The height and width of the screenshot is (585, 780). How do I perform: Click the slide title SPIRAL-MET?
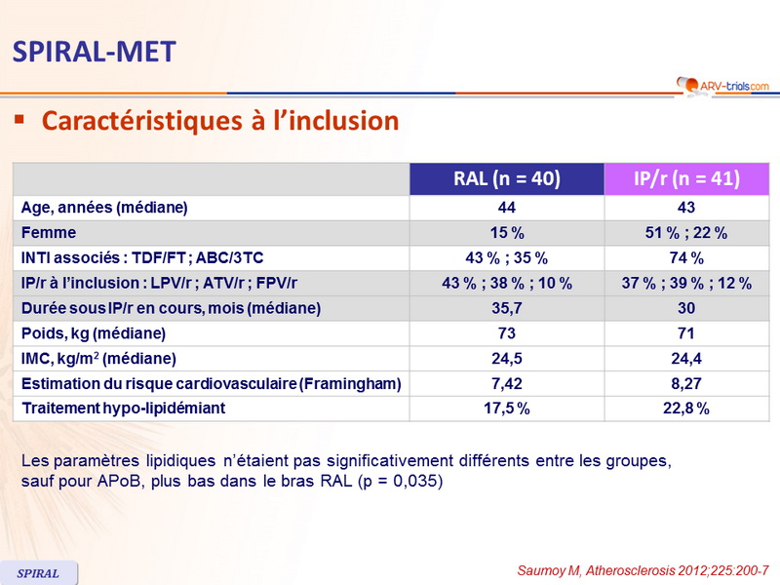pos(94,51)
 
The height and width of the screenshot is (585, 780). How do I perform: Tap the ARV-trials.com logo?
pos(721,86)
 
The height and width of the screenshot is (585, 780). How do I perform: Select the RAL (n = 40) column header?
pos(507,179)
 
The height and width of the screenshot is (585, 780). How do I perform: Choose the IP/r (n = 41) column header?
pos(686,179)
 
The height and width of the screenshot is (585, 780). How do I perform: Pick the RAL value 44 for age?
pos(507,208)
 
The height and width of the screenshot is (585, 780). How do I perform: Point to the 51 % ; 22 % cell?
pos(686,233)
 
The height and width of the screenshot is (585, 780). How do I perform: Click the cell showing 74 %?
pos(686,258)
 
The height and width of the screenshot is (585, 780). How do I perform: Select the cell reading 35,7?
pos(507,308)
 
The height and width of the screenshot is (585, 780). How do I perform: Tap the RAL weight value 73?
pos(507,333)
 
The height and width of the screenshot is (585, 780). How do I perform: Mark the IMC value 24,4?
pos(686,358)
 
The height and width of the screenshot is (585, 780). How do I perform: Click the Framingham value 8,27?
pos(686,383)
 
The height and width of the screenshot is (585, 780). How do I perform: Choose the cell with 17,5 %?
pos(507,409)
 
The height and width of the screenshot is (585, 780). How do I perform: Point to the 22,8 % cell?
pos(686,409)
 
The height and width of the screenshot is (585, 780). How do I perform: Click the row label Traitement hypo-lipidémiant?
pos(123,409)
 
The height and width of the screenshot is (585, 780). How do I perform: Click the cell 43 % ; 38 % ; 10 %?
pos(507,284)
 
